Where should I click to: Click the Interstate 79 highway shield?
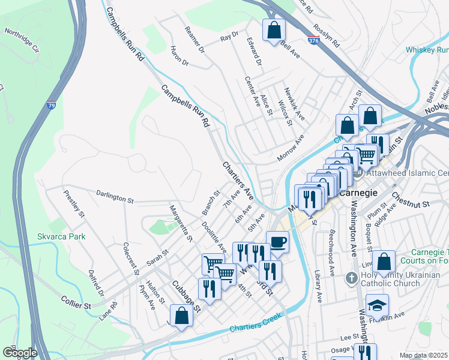tap(52, 107)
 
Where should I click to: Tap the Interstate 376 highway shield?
tap(313, 40)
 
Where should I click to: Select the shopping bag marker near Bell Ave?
tap(274, 30)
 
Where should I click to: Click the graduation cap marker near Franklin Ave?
tap(377, 305)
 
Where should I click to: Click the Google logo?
tap(20, 352)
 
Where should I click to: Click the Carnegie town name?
tap(358, 193)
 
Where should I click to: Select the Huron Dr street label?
tap(179, 56)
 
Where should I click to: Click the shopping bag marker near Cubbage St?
tap(181, 316)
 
